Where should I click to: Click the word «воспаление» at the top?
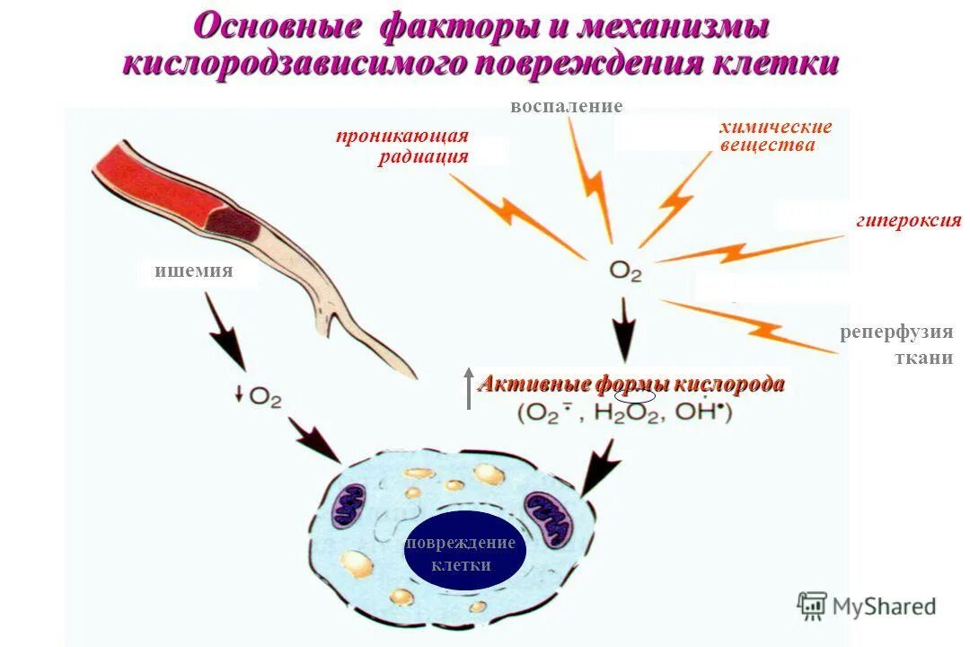tap(566, 107)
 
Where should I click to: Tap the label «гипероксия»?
tap(908, 220)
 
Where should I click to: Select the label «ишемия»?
tap(193, 270)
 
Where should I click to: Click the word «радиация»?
tap(422, 156)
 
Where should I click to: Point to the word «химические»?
tap(775, 128)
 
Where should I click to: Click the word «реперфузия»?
tap(895, 332)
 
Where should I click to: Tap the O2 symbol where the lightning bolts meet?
tap(625, 270)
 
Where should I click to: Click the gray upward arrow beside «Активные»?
tap(468, 388)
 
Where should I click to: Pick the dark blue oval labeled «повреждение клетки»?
tap(460, 550)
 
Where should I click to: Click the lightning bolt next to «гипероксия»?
tap(745, 251)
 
